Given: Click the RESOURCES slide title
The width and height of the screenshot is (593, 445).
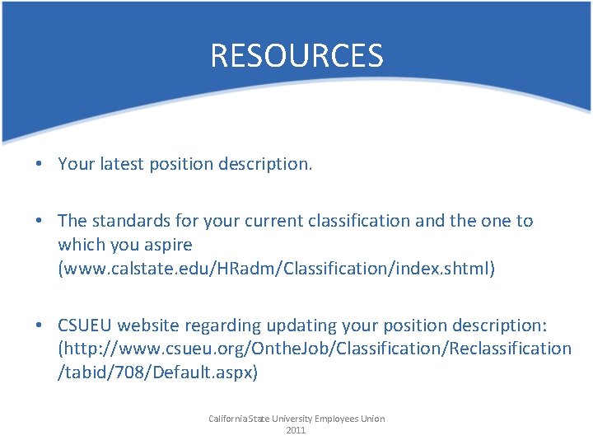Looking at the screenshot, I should pyautogui.click(x=296, y=56).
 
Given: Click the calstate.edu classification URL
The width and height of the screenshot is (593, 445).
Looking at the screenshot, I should pyautogui.click(x=276, y=269).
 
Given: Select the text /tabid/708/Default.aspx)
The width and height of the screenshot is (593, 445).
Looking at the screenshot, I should pyautogui.click(x=157, y=372).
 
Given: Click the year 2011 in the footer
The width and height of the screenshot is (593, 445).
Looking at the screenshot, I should pyautogui.click(x=296, y=430).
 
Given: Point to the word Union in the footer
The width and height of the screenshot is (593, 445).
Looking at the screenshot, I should pyautogui.click(x=371, y=419).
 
